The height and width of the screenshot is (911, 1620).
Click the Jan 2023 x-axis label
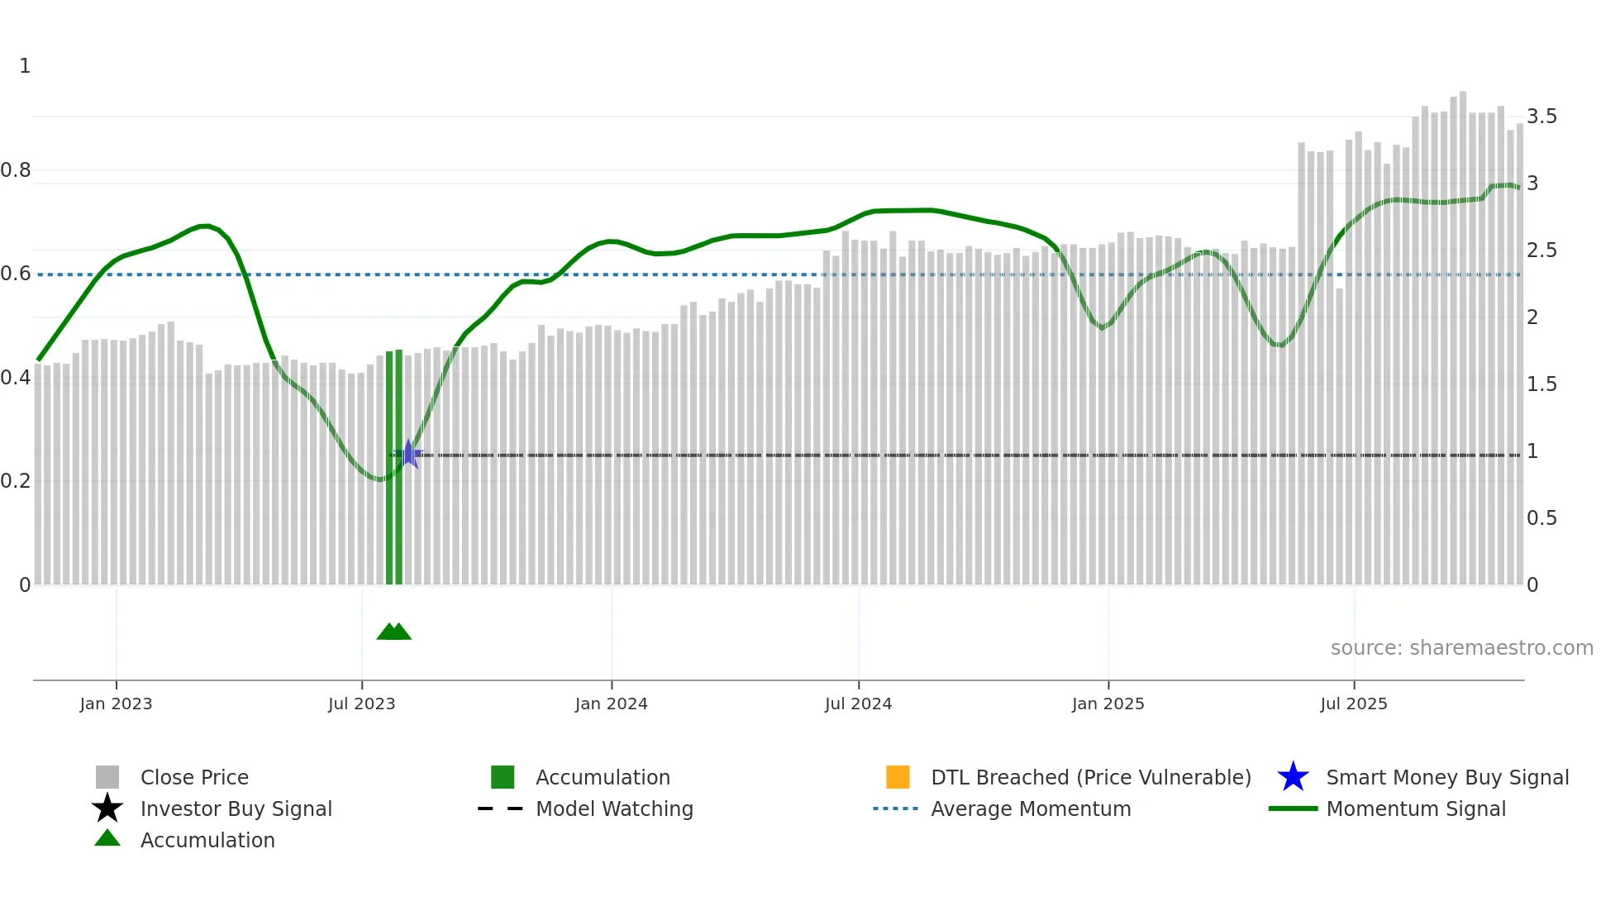coord(116,704)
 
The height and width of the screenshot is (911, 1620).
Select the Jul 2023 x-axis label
coord(361,704)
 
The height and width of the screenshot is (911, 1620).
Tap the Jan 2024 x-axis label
coord(611,704)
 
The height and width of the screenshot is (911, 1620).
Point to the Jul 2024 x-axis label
coord(858,704)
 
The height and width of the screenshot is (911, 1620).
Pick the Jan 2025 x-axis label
coord(1108,704)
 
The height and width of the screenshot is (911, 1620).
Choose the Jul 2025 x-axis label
coord(1353,704)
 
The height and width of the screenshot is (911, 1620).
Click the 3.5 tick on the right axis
coord(1541,117)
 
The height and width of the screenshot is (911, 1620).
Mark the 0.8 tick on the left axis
coord(16,170)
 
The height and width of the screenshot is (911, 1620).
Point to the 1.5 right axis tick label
coord(1541,384)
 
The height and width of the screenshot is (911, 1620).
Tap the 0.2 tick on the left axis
coord(16,481)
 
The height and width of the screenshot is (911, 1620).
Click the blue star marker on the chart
coord(408,454)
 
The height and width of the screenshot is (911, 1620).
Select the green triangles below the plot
coord(394,632)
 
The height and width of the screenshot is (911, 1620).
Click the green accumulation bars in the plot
coord(394,467)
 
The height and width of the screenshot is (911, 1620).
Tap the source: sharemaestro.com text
coord(1461,648)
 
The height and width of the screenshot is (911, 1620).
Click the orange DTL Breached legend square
coord(897,777)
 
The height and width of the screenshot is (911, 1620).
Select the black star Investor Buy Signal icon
coord(107,808)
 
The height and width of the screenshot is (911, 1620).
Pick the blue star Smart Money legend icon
coord(1293,777)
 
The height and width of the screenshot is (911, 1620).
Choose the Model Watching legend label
coord(614,808)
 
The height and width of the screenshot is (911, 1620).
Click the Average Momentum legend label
coord(1031,808)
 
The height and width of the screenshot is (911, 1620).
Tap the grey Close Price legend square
coord(107,777)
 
